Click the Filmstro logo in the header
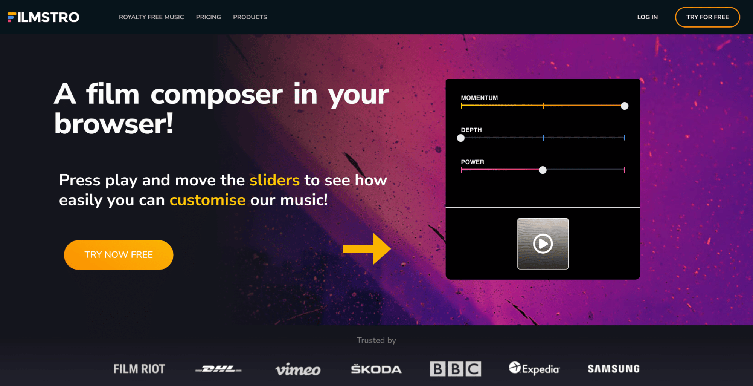43,17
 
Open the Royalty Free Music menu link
151,17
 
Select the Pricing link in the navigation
209,17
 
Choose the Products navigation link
250,17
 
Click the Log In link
648,17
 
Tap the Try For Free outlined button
707,17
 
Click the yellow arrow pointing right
367,249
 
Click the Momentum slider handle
625,106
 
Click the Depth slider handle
461,138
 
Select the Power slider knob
543,170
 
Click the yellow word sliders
275,180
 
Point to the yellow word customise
207,200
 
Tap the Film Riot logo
139,369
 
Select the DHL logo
218,369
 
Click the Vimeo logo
298,369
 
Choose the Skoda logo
376,369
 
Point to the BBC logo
456,369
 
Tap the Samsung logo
614,369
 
